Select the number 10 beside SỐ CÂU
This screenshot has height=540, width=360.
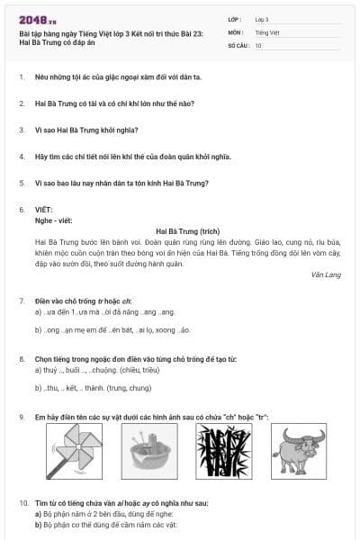pyautogui.click(x=258, y=44)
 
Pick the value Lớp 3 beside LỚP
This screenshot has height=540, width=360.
pyautogui.click(x=262, y=19)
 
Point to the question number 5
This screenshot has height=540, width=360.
pyautogui.click(x=22, y=184)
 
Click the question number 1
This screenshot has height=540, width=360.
pyautogui.click(x=22, y=76)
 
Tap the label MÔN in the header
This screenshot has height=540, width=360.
pyautogui.click(x=236, y=31)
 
